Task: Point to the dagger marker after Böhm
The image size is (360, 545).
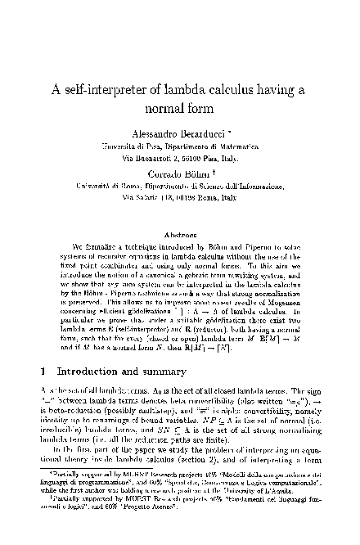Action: [214, 171]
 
